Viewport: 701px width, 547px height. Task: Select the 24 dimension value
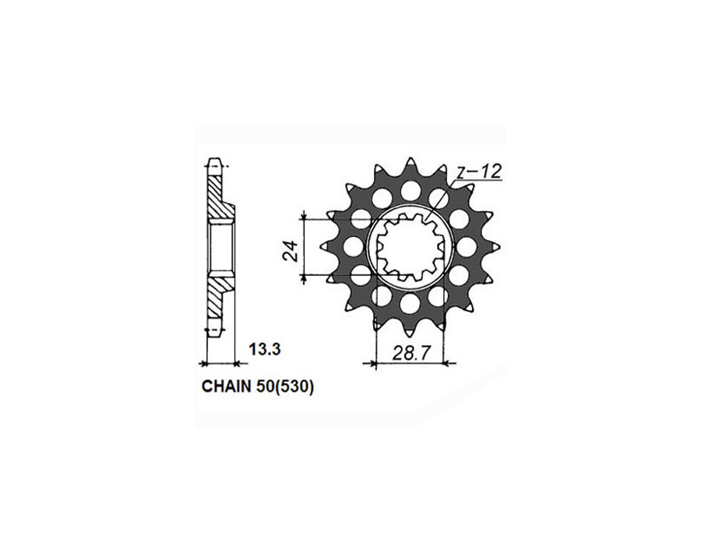tap(291, 250)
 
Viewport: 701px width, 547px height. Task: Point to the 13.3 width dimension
tap(264, 349)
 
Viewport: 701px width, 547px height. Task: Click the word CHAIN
tap(227, 386)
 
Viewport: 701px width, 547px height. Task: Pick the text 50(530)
tap(284, 386)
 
